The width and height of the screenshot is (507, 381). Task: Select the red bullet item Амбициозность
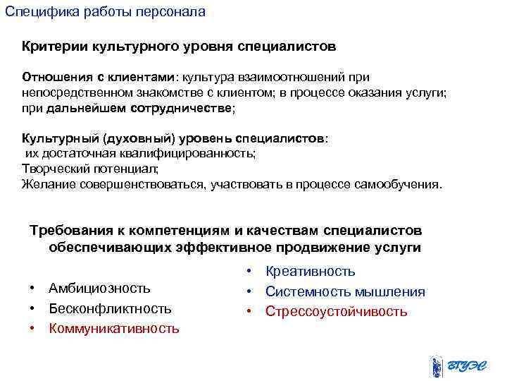[99, 288]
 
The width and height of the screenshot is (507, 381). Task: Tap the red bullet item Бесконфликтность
[109, 308]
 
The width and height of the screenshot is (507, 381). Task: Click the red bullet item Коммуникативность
[113, 328]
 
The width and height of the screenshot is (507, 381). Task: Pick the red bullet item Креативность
[310, 271]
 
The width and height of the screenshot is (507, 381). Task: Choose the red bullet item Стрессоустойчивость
[336, 311]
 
